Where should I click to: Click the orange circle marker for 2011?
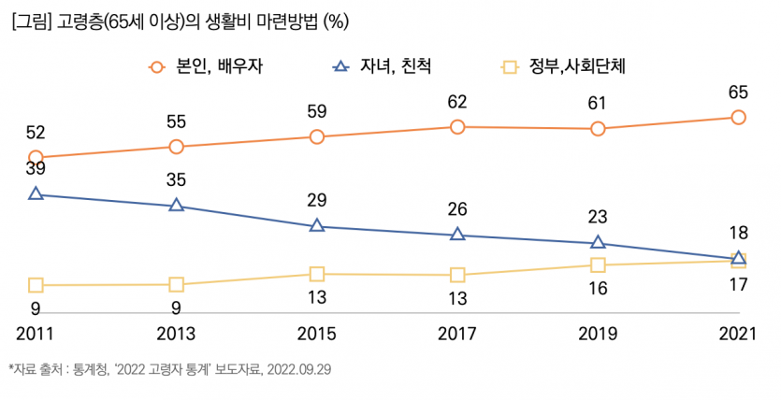[36, 158]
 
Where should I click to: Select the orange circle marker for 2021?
[738, 117]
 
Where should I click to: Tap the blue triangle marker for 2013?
[176, 205]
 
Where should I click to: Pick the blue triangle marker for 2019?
[598, 243]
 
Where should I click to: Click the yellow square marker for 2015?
[316, 274]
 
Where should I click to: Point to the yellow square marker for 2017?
[457, 275]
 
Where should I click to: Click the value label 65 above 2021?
[738, 92]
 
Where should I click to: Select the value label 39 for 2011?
[36, 169]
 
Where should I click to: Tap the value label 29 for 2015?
[316, 200]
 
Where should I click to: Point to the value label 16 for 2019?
[598, 289]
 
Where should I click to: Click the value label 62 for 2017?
[457, 101]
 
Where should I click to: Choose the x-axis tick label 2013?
[176, 334]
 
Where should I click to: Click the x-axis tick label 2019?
[598, 334]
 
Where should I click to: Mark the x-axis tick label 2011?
[36, 334]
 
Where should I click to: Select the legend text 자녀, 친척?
[397, 67]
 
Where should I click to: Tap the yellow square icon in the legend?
[510, 67]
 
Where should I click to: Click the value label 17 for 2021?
[738, 284]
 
